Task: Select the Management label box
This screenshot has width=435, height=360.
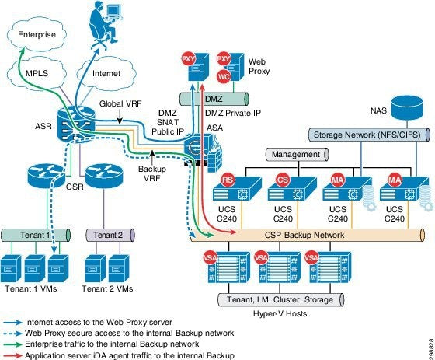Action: tap(296, 155)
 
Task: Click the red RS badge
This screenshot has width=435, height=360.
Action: tap(228, 180)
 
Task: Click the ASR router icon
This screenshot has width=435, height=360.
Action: tap(76, 129)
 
